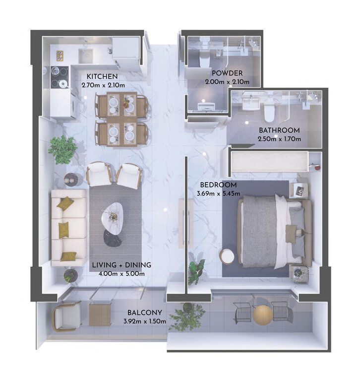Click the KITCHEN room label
(x=102, y=76)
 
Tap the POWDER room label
(x=227, y=73)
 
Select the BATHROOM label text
(x=279, y=130)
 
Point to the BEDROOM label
(x=218, y=185)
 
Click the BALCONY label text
(x=145, y=313)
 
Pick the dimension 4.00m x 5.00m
(x=121, y=274)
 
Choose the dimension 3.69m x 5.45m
(x=218, y=193)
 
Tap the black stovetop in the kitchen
(x=60, y=77)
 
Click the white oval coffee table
(x=112, y=216)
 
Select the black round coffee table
(x=113, y=238)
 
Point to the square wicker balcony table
(x=100, y=315)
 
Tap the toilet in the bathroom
(x=269, y=113)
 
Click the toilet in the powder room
(x=204, y=60)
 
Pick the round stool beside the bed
(x=227, y=256)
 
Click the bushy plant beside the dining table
(x=62, y=149)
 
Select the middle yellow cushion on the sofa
(x=63, y=229)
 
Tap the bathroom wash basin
(x=251, y=103)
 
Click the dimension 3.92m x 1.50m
(x=145, y=321)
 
